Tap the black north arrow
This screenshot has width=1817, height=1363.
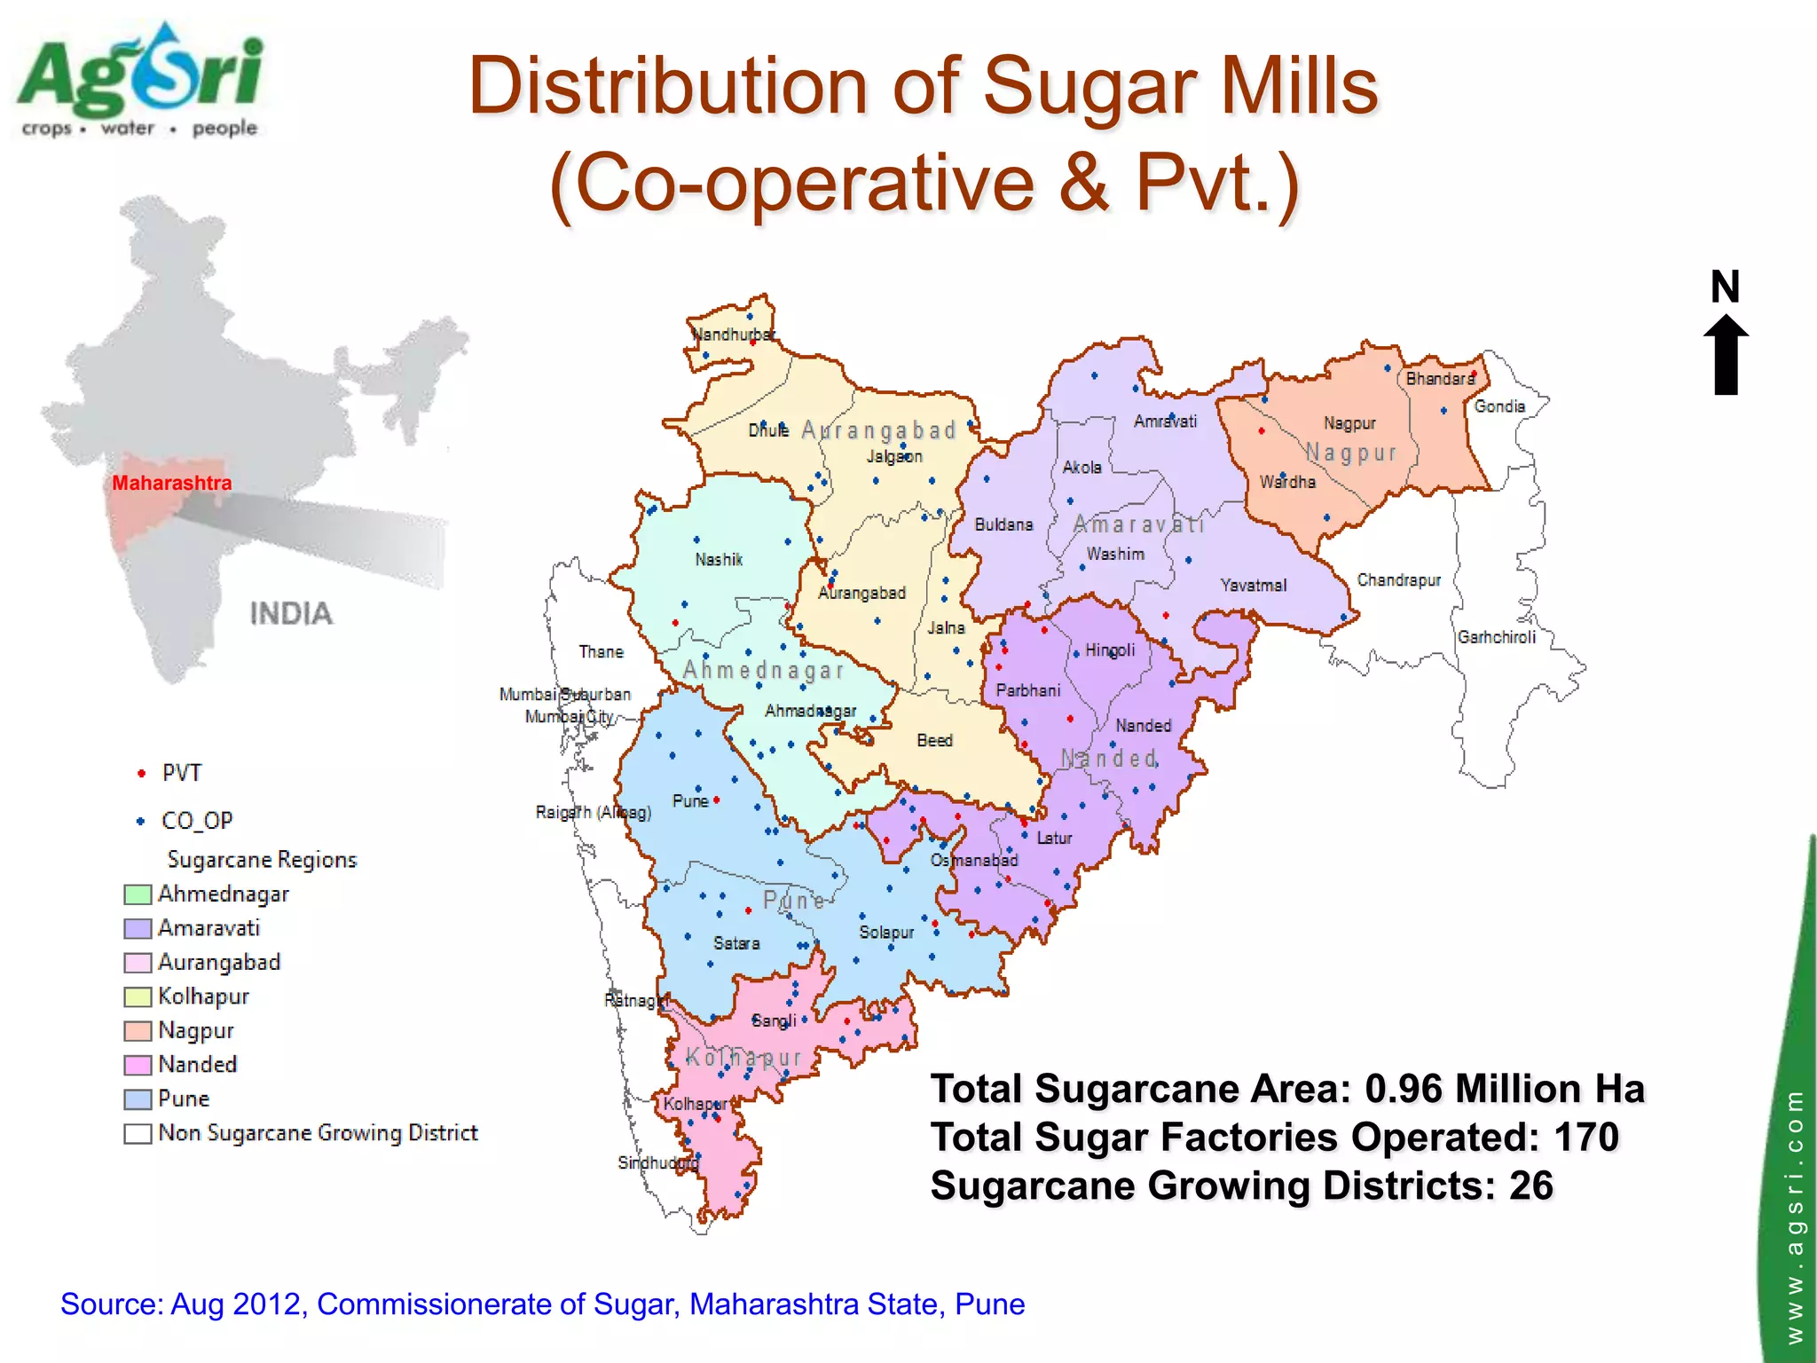pos(1726,355)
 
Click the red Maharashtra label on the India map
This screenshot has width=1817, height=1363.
pos(171,484)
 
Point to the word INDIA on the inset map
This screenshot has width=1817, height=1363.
pos(291,614)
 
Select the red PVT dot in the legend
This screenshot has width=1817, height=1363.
pos(141,774)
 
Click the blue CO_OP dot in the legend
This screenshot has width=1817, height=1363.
pos(140,822)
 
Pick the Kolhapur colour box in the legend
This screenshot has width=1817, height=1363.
pos(138,997)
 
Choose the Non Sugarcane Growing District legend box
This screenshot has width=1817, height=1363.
pos(138,1134)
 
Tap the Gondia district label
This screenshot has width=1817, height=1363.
pos(1499,406)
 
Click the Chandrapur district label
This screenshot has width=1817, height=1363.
pos(1398,580)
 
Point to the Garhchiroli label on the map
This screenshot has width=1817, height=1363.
pos(1496,637)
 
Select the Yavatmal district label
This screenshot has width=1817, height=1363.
pos(1253,586)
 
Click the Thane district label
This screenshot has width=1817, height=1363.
pos(601,652)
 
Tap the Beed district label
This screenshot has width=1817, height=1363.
pos(934,740)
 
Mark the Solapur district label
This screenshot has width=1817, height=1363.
pos(885,933)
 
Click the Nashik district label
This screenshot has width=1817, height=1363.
pos(719,560)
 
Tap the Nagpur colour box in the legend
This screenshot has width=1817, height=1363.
pos(138,1031)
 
